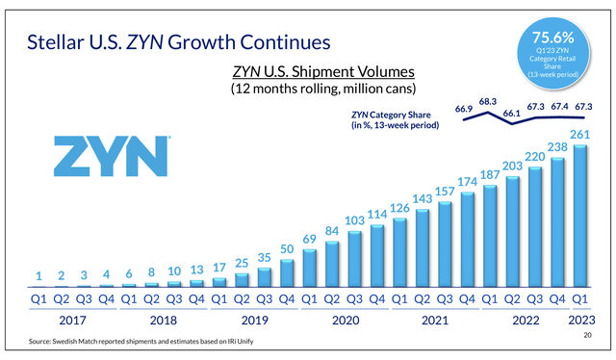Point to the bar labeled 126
(x=400, y=253)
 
